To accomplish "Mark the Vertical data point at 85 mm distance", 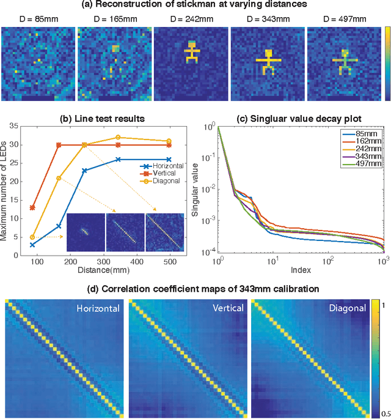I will click(32, 207).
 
